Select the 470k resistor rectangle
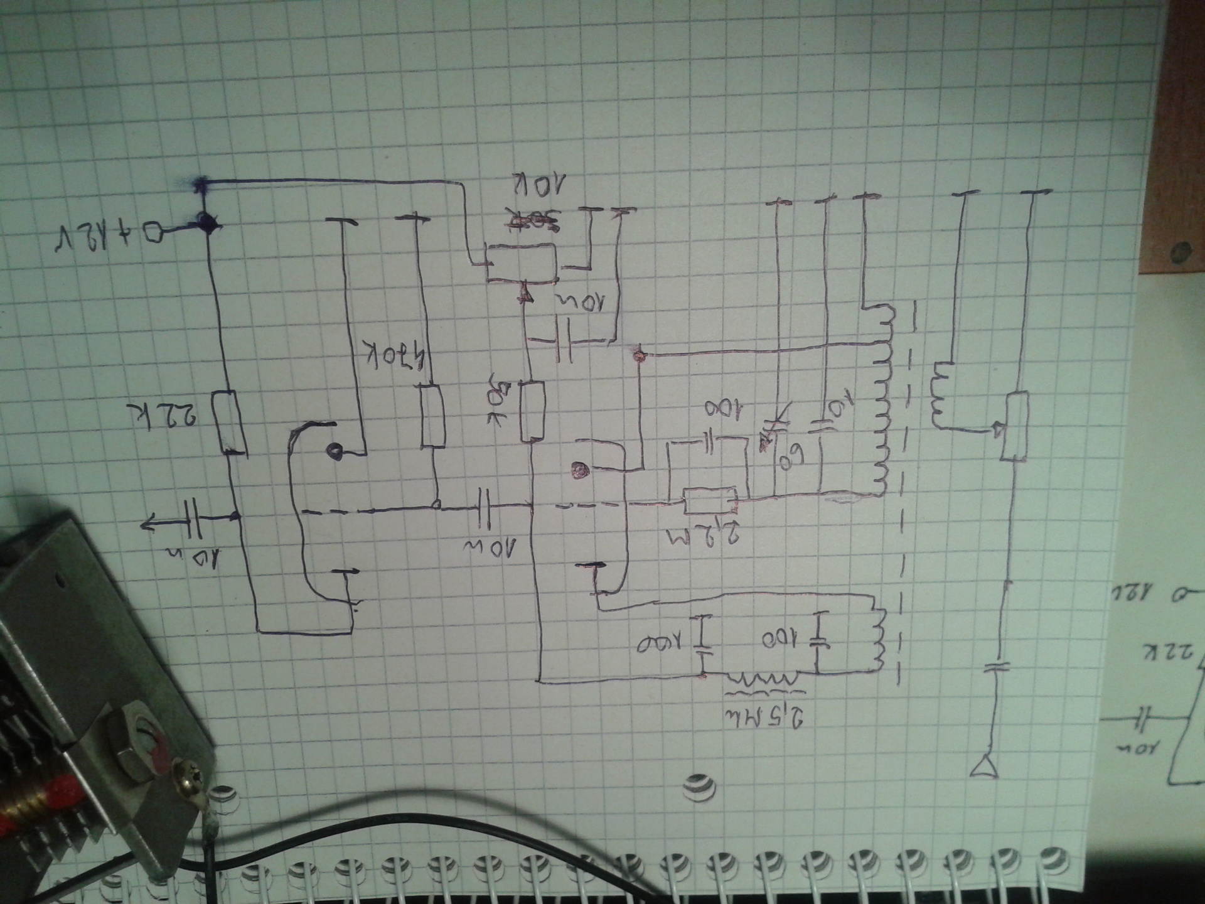(432, 417)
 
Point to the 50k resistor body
(532, 412)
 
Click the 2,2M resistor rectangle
(710, 500)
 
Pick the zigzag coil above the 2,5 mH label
(761, 679)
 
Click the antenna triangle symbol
(986, 767)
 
